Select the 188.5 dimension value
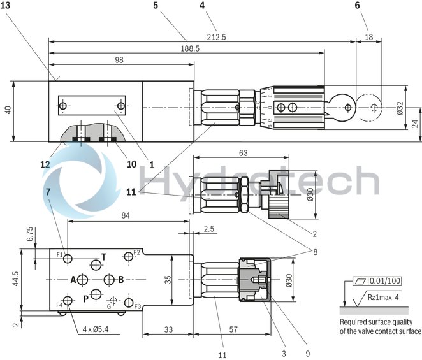click(186, 48)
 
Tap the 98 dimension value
click(119, 60)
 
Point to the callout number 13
click(6, 5)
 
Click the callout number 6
click(375, 5)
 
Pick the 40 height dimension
click(8, 110)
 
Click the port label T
click(104, 256)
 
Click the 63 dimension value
click(242, 153)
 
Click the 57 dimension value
click(234, 329)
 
